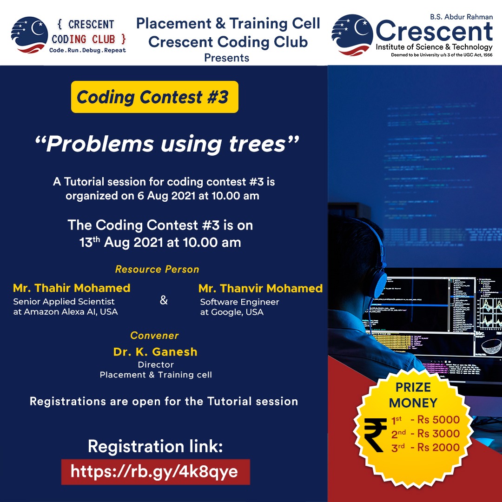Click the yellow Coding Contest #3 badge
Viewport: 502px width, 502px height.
click(x=155, y=97)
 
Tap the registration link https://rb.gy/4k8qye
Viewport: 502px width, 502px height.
click(x=155, y=472)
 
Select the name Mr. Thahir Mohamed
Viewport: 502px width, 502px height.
click(x=72, y=288)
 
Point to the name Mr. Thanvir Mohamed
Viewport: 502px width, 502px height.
click(x=260, y=288)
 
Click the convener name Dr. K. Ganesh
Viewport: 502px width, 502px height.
click(x=155, y=352)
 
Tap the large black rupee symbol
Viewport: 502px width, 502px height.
click(x=375, y=436)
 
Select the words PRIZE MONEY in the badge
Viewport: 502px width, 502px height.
click(x=413, y=395)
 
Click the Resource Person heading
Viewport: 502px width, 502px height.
click(x=157, y=269)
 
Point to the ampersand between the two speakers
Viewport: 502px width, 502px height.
click(x=164, y=300)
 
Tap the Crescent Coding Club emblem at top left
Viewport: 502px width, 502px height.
click(x=29, y=34)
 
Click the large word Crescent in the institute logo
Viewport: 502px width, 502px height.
click(x=434, y=32)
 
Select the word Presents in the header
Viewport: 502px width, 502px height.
click(x=227, y=58)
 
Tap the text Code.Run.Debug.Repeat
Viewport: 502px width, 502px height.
click(x=87, y=50)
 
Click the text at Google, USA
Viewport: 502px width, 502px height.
click(x=232, y=312)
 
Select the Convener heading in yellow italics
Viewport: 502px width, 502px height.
click(x=155, y=336)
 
